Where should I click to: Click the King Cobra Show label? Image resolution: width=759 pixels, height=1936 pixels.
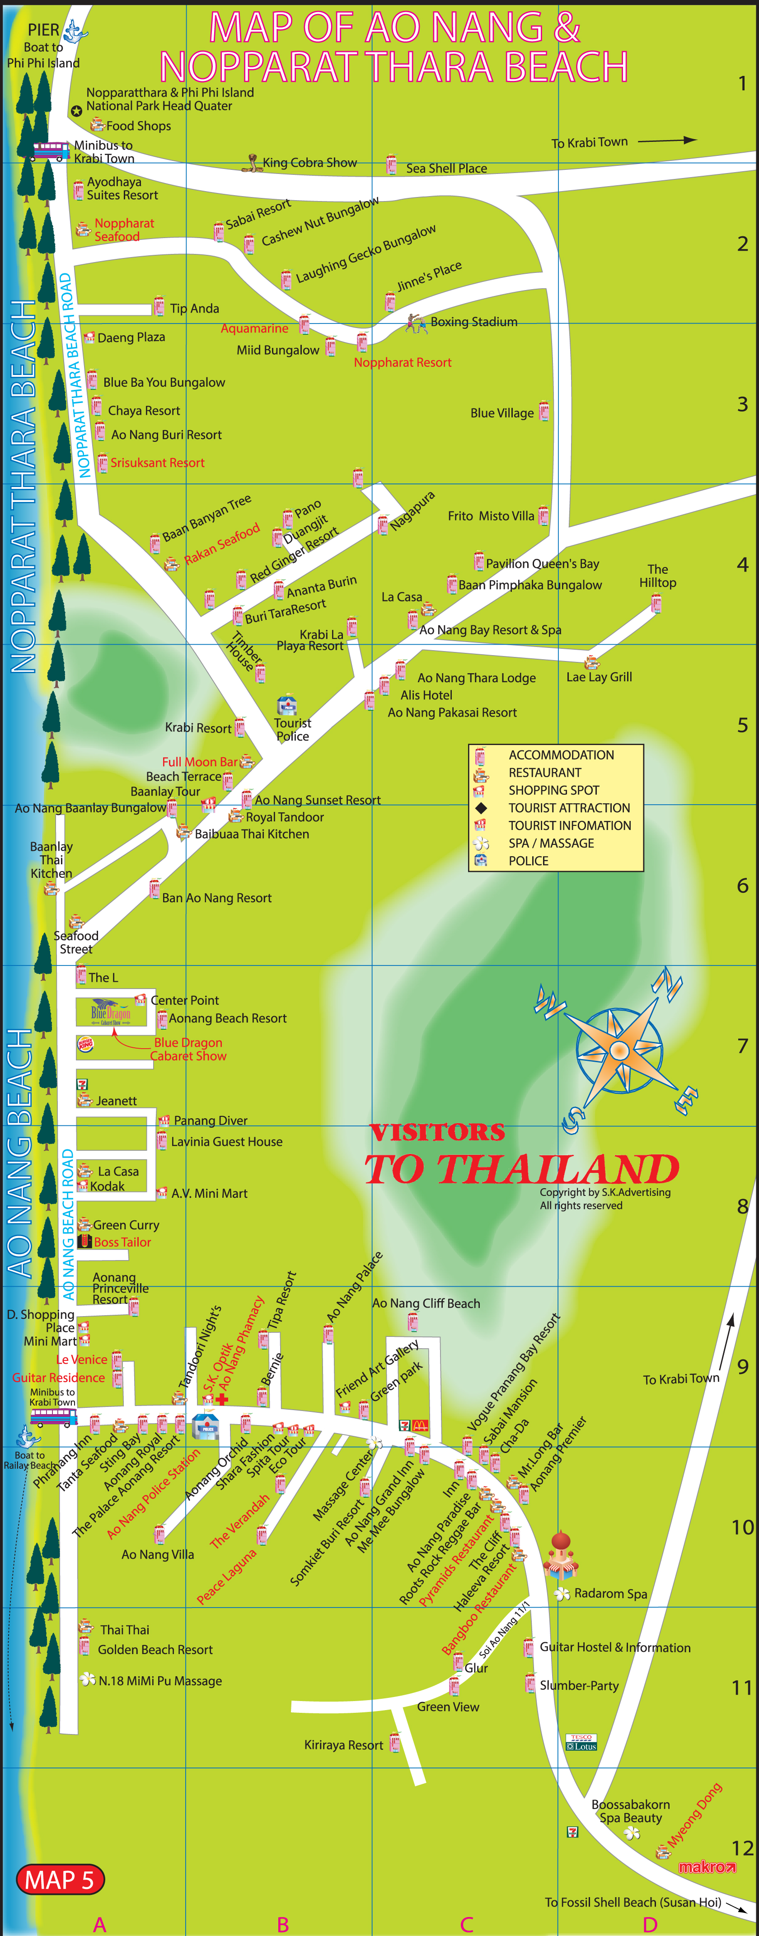click(x=309, y=163)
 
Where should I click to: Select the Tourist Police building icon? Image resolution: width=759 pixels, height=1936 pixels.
click(x=287, y=705)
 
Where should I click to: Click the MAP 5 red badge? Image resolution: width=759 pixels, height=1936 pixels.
click(x=60, y=1880)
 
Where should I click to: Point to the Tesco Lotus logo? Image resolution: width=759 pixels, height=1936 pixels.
click(x=581, y=1743)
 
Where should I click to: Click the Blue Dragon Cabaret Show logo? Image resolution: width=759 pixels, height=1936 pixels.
click(x=111, y=1012)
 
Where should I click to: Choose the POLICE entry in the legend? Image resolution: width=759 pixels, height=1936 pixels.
click(x=528, y=861)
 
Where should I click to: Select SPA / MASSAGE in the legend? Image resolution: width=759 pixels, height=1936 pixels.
click(x=551, y=843)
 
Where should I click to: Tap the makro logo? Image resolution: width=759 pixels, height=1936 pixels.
click(x=707, y=1867)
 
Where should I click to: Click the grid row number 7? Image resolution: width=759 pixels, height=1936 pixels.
click(x=742, y=1046)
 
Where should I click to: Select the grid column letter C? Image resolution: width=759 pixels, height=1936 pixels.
click(x=467, y=1925)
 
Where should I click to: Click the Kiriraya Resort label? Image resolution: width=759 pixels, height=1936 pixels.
click(x=343, y=1745)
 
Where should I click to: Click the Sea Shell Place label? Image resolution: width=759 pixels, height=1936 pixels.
click(x=446, y=169)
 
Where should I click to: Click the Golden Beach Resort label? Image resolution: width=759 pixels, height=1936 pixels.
click(x=155, y=1650)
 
